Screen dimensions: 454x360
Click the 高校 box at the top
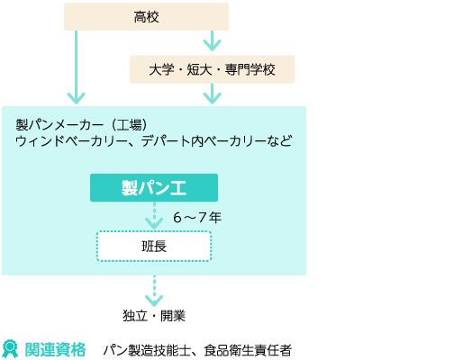pos(146,16)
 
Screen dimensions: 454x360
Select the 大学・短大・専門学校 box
pos(212,69)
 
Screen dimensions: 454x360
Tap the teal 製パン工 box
pos(154,187)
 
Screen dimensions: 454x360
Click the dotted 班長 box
pos(154,246)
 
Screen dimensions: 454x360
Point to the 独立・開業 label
pos(154,316)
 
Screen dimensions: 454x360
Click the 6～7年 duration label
pos(197,217)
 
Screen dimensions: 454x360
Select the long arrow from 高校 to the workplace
pos(77,67)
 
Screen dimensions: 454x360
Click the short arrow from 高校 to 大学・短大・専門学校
pos(212,40)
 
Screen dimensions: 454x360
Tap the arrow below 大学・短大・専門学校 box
pos(212,94)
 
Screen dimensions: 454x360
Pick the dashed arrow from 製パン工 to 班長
pos(154,215)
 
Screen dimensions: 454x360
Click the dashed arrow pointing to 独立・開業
pos(154,291)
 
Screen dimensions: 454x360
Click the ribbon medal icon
pos(10,349)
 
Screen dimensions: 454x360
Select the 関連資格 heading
pos(55,349)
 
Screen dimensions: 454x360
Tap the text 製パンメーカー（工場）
pos(82,125)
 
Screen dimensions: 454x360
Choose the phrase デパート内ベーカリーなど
pos(216,141)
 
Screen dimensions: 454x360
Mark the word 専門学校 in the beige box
pos(250,69)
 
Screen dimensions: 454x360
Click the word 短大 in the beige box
pos(199,69)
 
